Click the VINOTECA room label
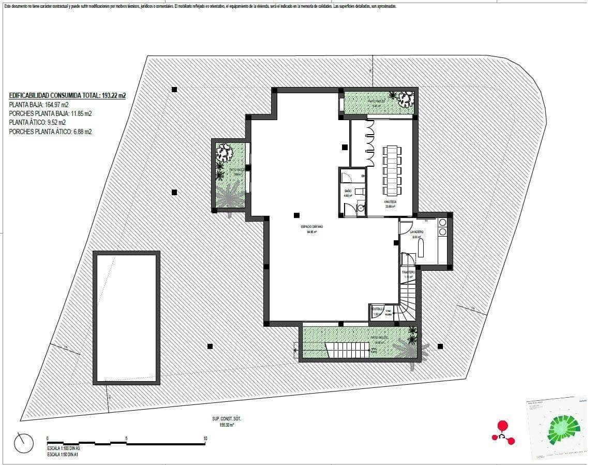click(390, 201)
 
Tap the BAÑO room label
click(348, 191)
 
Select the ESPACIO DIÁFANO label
click(308, 227)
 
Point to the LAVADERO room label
click(417, 232)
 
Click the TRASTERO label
click(409, 272)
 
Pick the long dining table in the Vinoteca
click(391, 168)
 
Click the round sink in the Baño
click(360, 208)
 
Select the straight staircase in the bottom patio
click(347, 351)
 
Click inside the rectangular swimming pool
click(126, 317)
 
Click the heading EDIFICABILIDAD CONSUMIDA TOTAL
click(67, 95)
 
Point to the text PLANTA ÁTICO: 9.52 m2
click(37, 123)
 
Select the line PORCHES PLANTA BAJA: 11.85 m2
click(50, 113)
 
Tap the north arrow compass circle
click(24, 443)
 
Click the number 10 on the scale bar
click(205, 439)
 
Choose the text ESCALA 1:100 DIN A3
click(63, 448)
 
